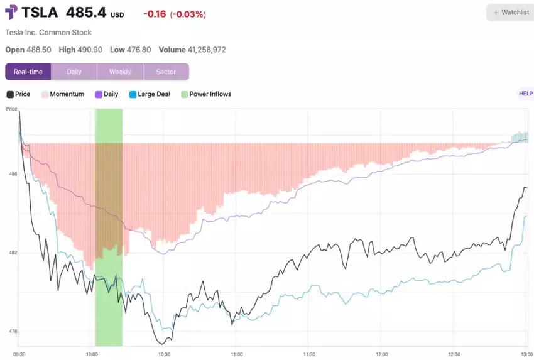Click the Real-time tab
pyautogui.click(x=28, y=72)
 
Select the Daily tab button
pyautogui.click(x=74, y=72)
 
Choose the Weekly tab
pyautogui.click(x=120, y=72)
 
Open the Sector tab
pyautogui.click(x=166, y=72)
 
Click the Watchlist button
pyautogui.click(x=510, y=13)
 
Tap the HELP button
pyautogui.click(x=525, y=94)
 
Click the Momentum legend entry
pyautogui.click(x=63, y=94)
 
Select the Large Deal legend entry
pyautogui.click(x=150, y=94)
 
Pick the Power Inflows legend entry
pyautogui.click(x=207, y=94)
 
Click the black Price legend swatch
pyautogui.click(x=9, y=94)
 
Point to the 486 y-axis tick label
pyautogui.click(x=13, y=173)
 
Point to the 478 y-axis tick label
pyautogui.click(x=13, y=331)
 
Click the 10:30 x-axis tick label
pyautogui.click(x=165, y=354)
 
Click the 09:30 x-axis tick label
pyautogui.click(x=19, y=354)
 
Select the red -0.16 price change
pyautogui.click(x=154, y=14)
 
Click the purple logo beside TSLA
pyautogui.click(x=11, y=13)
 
